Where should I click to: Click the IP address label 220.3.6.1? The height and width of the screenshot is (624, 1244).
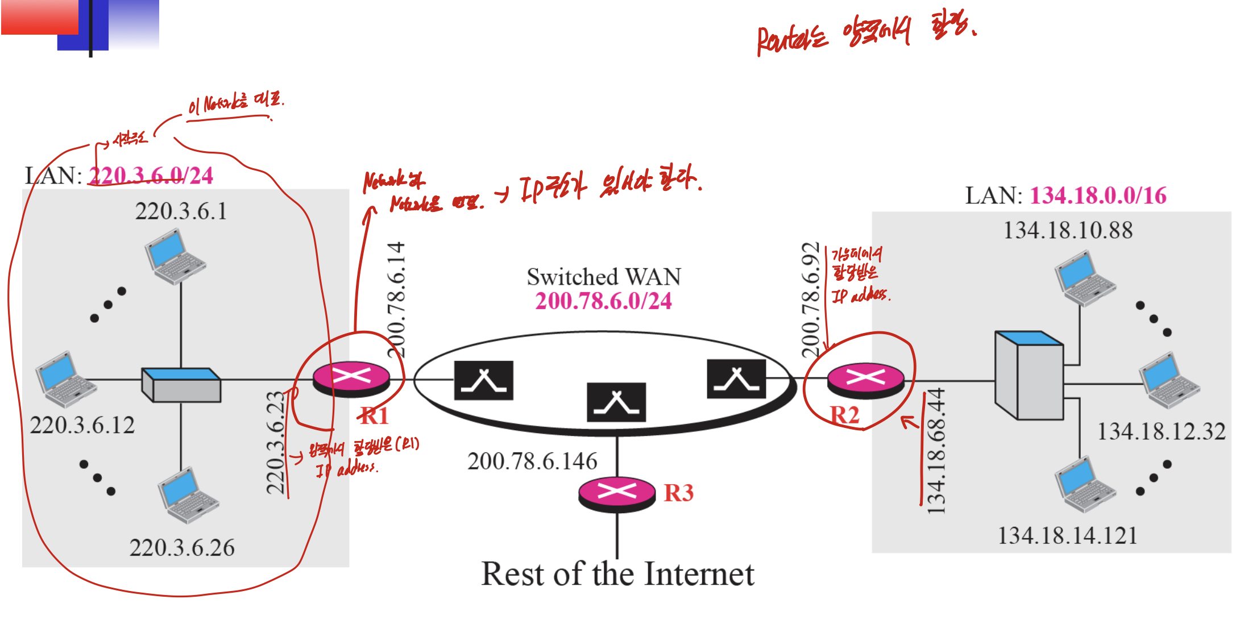[x=181, y=211]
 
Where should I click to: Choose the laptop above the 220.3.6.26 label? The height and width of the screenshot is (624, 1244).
[x=188, y=494]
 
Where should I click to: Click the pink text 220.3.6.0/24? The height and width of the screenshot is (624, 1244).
[x=151, y=175]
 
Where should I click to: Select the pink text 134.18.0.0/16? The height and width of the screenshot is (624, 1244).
[x=1098, y=195]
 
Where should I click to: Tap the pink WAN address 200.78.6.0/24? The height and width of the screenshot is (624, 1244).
[x=603, y=301]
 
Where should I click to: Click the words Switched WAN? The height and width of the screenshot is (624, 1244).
[x=603, y=277]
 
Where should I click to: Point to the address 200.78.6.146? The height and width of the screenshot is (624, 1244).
[x=532, y=461]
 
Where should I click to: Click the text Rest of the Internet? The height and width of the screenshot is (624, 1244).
[x=617, y=574]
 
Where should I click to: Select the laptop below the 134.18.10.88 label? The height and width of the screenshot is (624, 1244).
[x=1084, y=278]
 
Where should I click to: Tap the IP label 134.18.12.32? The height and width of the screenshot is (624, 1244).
[x=1161, y=431]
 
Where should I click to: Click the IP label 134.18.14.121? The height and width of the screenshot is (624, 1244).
[x=1067, y=535]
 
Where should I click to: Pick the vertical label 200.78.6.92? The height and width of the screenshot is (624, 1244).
[x=810, y=299]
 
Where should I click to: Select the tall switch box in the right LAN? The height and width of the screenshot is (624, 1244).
[x=1029, y=375]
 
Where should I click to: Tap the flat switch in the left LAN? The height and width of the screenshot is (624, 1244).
[x=181, y=385]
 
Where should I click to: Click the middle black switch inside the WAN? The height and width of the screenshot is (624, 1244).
[x=616, y=402]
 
